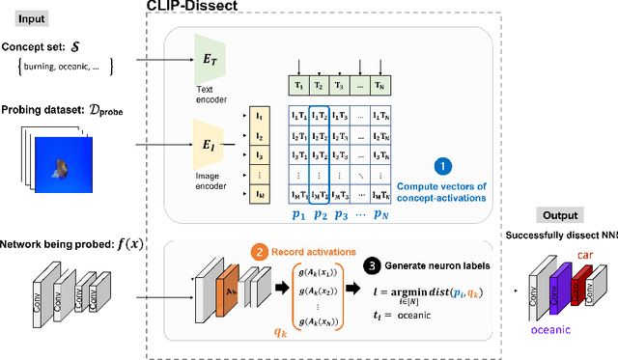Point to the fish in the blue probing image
pos(60,168)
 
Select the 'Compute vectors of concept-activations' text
pos(442,191)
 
